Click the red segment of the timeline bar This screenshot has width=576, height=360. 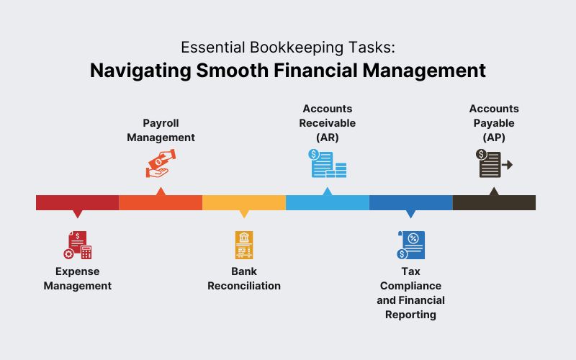[77, 202]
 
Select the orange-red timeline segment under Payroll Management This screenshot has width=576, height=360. [161, 202]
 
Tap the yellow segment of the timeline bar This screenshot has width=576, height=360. [244, 202]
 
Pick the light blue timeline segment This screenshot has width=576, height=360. [328, 202]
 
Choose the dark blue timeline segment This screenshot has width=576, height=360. [411, 202]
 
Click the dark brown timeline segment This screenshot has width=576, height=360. [494, 202]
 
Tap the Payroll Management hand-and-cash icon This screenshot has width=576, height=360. [161, 163]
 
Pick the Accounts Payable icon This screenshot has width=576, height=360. [494, 163]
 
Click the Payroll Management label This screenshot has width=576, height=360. [161, 130]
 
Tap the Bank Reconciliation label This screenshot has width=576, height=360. [244, 279]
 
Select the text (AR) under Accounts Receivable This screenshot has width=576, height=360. [328, 138]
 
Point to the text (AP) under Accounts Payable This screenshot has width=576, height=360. [494, 138]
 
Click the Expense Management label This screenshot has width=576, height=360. [78, 279]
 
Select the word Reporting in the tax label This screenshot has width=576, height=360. [411, 315]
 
